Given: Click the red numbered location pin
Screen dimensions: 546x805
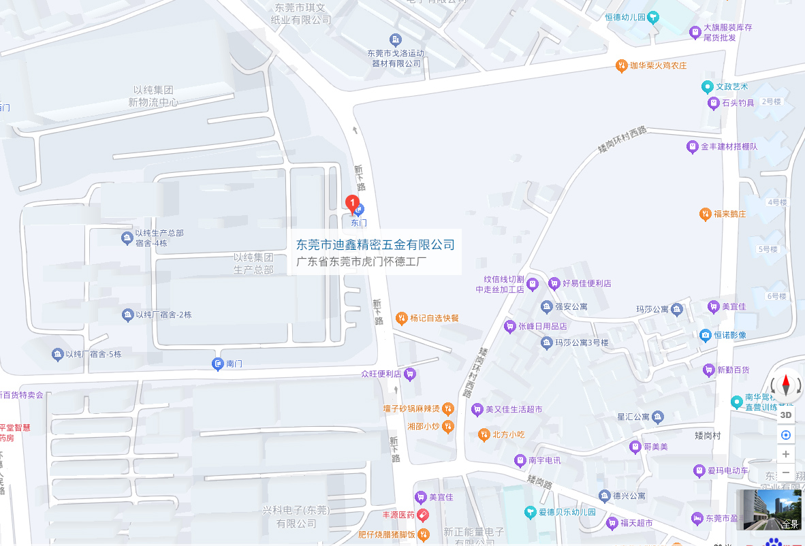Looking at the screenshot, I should coord(353,202).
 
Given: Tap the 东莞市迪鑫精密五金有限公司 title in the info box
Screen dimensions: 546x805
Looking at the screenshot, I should coord(375,244).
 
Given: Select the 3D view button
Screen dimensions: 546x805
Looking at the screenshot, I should coord(786,415).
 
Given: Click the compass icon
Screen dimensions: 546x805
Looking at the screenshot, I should coord(786,386).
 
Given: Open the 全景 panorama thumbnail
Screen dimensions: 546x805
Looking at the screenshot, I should coord(770,511).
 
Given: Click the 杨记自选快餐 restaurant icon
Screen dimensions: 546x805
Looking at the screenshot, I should coord(402,318).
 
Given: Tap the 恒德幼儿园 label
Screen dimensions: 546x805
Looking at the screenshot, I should coord(625,16).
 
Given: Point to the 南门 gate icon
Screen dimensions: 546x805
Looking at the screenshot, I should coord(218,364).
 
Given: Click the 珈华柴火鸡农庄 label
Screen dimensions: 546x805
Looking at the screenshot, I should coord(658,65).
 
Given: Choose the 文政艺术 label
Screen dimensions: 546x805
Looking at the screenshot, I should coord(732,86).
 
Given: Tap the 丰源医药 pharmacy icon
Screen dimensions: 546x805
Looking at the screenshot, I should coord(422,515).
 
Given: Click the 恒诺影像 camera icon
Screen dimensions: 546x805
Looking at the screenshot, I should coord(706,335).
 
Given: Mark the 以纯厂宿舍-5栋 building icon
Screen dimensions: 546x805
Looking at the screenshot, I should coord(57,354).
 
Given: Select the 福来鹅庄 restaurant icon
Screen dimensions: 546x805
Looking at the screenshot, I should coord(706,214).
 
